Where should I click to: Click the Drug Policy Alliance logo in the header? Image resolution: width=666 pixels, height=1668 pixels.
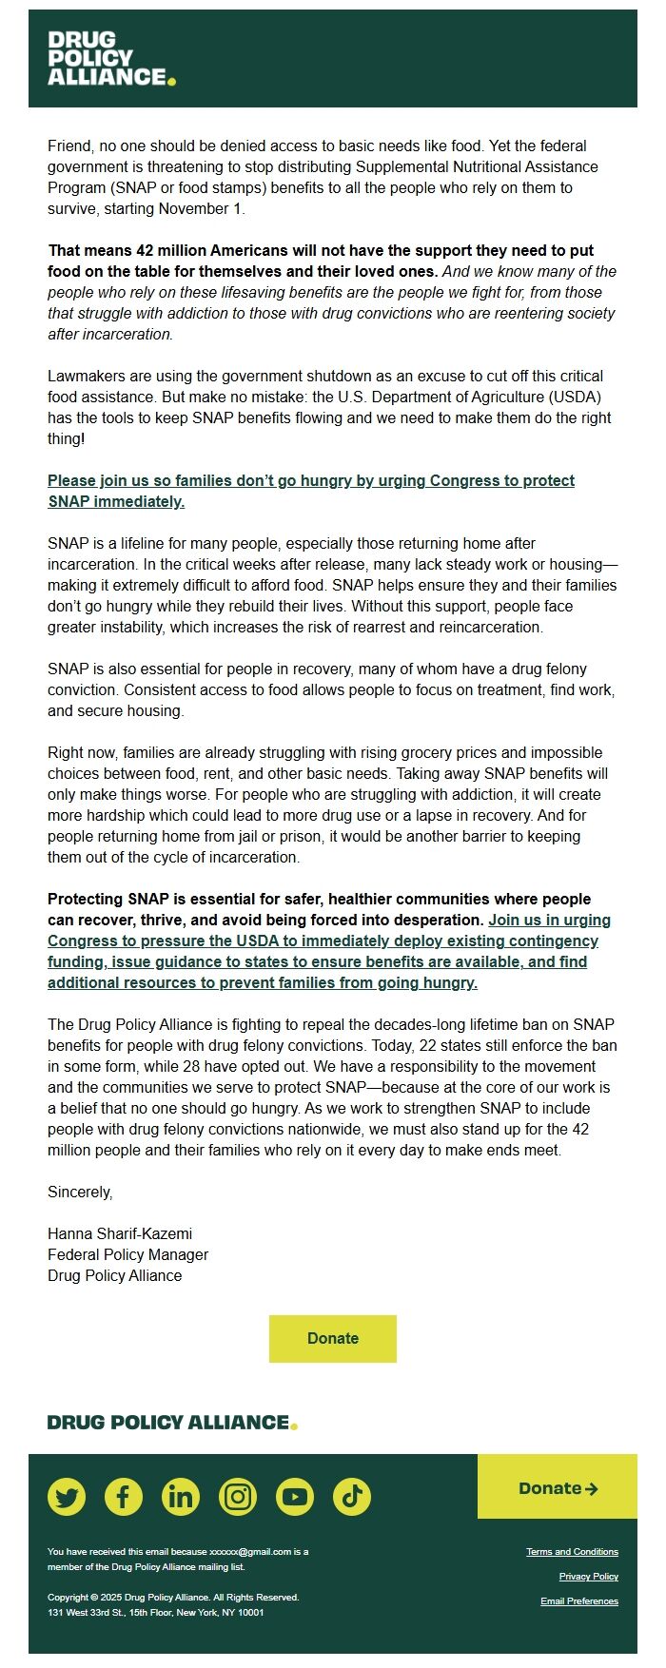[111, 58]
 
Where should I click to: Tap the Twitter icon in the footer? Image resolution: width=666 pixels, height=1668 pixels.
[67, 1497]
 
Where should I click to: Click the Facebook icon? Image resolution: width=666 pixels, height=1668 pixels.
[124, 1497]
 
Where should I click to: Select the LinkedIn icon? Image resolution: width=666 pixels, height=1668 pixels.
[181, 1497]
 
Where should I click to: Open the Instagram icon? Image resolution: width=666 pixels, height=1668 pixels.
[238, 1497]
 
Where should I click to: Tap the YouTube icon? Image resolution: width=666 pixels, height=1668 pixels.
[295, 1497]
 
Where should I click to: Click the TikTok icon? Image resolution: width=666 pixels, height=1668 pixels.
[352, 1497]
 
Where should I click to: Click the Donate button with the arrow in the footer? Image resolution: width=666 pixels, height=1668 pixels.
[558, 1488]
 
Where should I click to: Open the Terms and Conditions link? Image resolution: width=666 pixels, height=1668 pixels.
[572, 1552]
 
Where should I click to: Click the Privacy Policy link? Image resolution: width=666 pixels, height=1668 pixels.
[588, 1577]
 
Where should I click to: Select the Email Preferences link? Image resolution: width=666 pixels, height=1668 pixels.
[578, 1601]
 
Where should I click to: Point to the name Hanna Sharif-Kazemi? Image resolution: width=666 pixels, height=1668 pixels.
[120, 1233]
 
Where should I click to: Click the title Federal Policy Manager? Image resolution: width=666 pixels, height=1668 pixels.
[127, 1254]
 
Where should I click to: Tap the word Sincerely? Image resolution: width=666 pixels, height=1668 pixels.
[80, 1192]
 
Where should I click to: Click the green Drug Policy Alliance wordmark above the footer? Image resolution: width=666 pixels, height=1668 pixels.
[172, 1423]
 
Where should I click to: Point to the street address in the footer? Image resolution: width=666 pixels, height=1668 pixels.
[155, 1613]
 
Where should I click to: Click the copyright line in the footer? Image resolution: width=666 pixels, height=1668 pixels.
[172, 1598]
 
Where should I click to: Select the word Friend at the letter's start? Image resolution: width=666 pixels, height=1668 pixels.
[69, 145]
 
